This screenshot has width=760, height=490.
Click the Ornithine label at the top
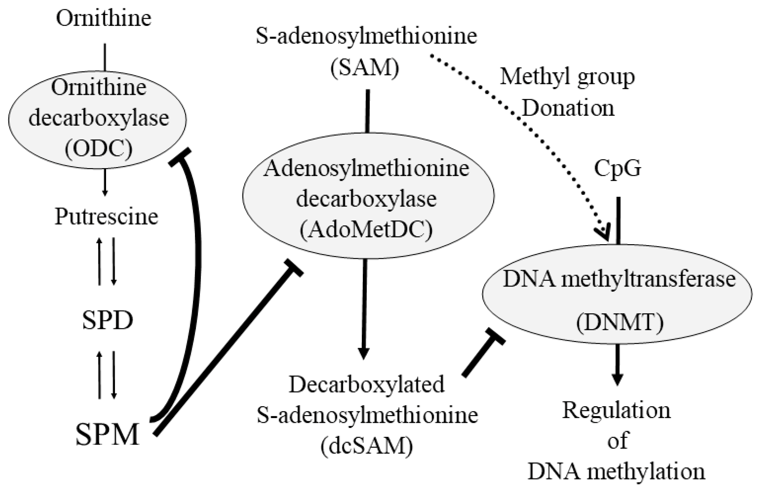click(104, 18)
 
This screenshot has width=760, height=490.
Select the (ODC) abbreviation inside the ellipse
click(98, 149)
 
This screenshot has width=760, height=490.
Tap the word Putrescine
click(106, 217)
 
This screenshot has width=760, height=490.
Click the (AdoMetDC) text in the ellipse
click(366, 230)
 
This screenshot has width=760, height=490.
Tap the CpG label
click(617, 168)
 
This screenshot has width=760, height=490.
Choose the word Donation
click(568, 108)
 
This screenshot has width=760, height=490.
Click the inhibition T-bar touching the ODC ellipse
click(180, 157)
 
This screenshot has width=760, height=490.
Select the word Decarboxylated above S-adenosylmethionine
click(366, 384)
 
